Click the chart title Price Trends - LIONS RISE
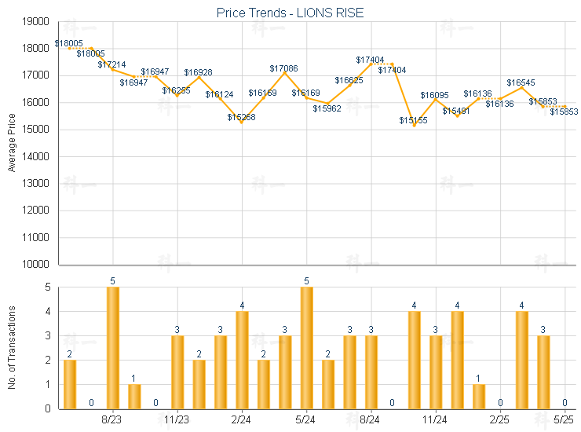point(290,13)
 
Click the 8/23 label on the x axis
point(113,420)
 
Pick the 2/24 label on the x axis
point(242,420)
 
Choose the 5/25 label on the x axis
point(564,420)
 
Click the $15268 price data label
point(241,117)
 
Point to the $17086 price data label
point(284,68)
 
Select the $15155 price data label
point(413,120)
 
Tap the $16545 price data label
point(521,82)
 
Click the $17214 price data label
point(112,64)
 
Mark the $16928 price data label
point(198,72)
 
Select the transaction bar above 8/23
point(113,348)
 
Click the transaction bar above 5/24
point(306,348)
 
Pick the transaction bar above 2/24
point(242,360)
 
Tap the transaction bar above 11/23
point(177,372)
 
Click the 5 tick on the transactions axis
point(48,287)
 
